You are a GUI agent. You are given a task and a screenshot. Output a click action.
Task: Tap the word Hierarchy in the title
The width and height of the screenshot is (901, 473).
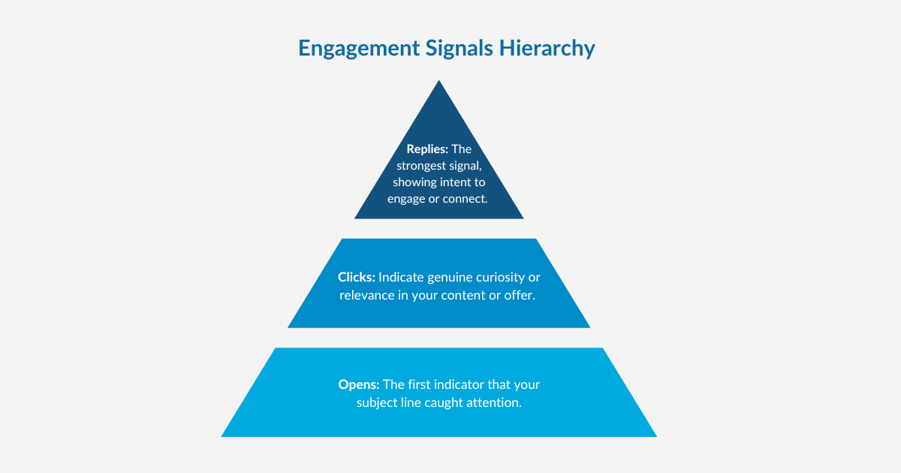click(551, 48)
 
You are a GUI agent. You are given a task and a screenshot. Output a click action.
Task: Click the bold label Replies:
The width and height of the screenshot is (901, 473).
click(427, 149)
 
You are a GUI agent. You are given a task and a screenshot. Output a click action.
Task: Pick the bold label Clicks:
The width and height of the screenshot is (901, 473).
click(356, 277)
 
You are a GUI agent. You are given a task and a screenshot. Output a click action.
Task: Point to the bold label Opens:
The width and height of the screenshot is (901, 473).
click(359, 384)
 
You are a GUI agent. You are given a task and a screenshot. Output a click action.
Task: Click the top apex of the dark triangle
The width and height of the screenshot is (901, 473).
click(439, 83)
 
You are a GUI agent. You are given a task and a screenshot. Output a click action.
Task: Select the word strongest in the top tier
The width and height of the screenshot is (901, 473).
click(423, 165)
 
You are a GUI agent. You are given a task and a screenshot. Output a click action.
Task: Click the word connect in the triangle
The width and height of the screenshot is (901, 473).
click(466, 199)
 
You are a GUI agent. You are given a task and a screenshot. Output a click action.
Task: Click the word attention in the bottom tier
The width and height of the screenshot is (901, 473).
click(495, 402)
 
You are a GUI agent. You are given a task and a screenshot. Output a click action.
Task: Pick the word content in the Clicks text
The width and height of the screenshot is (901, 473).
click(461, 295)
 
